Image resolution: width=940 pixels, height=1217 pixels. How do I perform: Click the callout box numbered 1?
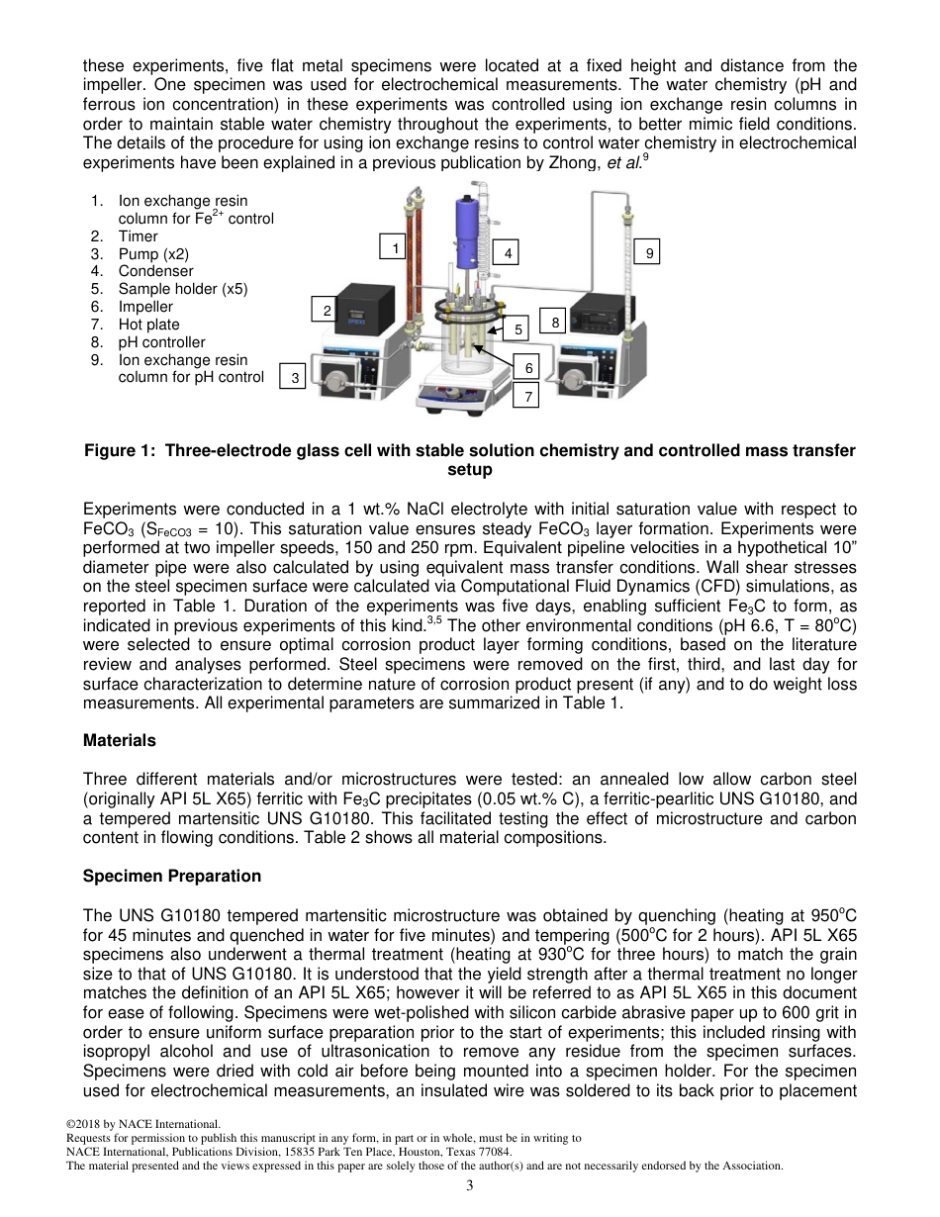[x=395, y=247]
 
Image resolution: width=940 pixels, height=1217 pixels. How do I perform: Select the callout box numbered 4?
[x=507, y=253]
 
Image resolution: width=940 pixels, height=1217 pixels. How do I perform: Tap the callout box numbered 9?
[x=649, y=253]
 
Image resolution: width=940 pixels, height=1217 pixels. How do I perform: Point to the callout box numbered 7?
[x=528, y=397]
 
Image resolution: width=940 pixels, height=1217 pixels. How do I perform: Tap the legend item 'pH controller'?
[x=161, y=342]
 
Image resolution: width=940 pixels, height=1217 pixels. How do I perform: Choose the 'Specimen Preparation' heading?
[x=172, y=876]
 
